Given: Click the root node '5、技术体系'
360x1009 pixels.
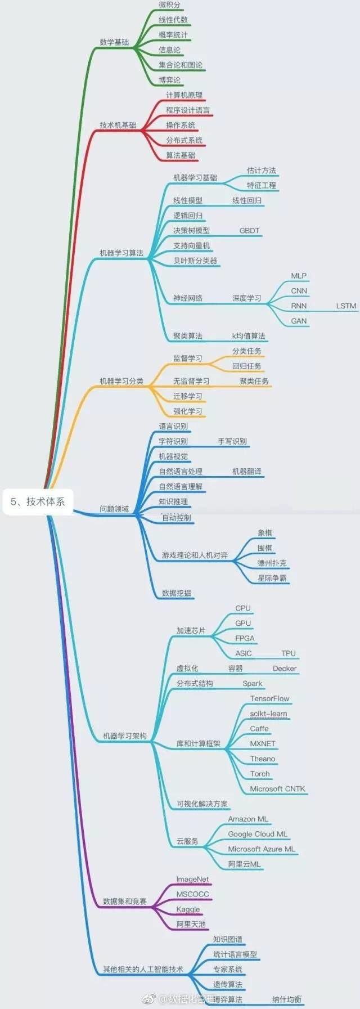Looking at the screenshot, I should tap(38, 501).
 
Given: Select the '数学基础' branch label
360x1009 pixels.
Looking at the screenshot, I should tap(114, 42).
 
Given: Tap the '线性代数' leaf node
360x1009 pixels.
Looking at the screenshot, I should tap(173, 20).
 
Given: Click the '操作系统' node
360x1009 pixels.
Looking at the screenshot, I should tap(181, 125).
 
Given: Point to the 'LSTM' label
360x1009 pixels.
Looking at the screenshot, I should tap(346, 306).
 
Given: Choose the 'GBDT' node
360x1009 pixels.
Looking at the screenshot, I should tap(249, 230).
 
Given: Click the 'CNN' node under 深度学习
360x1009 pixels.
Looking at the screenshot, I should tap(299, 291).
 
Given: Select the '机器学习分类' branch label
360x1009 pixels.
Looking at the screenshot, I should tap(121, 381).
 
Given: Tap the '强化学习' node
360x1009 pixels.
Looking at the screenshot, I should tap(187, 411).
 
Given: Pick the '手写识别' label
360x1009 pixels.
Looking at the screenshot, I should tap(232, 441).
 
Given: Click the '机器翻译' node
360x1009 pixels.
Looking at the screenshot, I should tap(247, 472).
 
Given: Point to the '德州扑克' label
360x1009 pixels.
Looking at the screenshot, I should tap(272, 563).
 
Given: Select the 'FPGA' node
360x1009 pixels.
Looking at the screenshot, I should tap(245, 638).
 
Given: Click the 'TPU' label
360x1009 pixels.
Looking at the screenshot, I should tap(288, 653).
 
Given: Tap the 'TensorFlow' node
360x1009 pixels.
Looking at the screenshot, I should tap(269, 698).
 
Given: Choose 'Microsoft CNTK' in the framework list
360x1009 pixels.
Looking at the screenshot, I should tap(277, 789).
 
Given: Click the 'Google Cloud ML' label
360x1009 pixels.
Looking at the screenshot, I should tap(257, 834).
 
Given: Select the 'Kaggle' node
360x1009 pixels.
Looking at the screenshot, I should tap(188, 909).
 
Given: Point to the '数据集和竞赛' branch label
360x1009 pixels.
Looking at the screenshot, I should tap(125, 902).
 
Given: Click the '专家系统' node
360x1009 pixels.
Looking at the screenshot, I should tap(228, 969).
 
